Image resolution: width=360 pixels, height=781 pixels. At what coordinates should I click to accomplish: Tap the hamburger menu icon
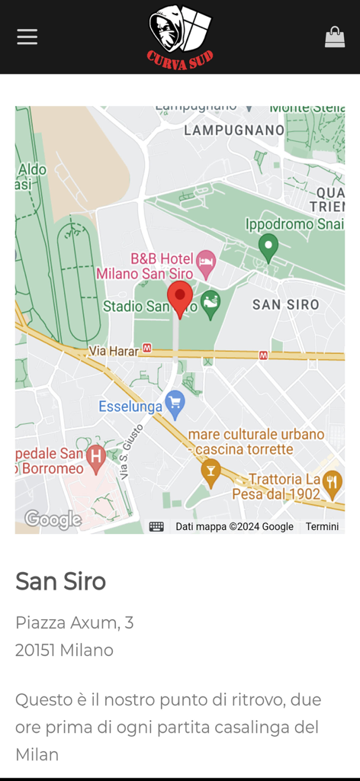pos(27,37)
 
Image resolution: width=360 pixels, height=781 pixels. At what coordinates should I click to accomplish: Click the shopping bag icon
pos(334,37)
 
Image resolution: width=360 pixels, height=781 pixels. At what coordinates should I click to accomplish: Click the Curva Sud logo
pos(180,37)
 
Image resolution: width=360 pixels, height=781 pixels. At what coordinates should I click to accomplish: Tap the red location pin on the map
pos(180,298)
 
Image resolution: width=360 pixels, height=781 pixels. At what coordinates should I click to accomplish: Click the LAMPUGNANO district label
pos(234,130)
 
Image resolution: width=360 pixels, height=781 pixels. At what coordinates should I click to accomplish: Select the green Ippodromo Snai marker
pos(268,247)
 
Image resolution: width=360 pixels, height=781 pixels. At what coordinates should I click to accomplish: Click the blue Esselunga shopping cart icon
pos(175,403)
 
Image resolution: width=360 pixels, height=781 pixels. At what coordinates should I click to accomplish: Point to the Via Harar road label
pos(114,351)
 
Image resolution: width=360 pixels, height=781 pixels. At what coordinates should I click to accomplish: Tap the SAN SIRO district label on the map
pos(285,304)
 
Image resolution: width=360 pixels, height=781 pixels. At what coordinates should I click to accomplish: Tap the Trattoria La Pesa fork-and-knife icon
pos(332,481)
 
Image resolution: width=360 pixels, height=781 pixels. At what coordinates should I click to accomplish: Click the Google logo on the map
pos(53,519)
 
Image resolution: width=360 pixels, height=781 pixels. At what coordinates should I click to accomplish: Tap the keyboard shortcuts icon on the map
pos(156,526)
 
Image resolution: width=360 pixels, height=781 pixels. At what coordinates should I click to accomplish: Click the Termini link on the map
pos(322,526)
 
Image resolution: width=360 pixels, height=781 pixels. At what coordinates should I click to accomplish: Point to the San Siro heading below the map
pos(61,581)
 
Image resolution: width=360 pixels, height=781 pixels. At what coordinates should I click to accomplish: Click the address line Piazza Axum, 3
pos(75,622)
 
